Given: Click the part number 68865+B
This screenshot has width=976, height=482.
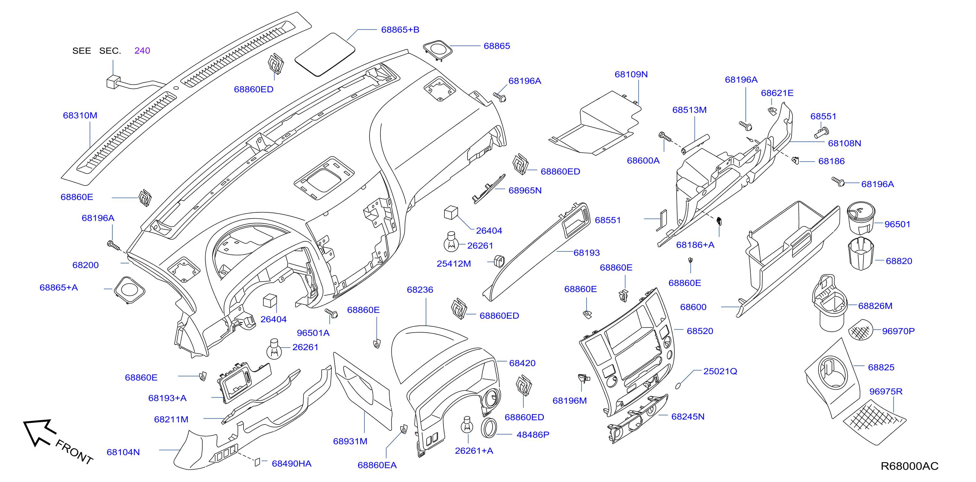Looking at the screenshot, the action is coord(400,30).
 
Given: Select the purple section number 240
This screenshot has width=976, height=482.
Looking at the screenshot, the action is coord(142,50).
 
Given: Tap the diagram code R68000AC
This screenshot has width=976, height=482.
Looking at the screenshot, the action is coord(909,466).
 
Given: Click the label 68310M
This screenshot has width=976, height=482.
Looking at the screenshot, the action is coord(80,115).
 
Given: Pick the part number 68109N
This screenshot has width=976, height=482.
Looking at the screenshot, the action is coord(631,74).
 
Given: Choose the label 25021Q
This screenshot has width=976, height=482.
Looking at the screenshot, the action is coord(720,371).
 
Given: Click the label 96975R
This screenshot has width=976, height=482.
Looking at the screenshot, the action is coord(885,391).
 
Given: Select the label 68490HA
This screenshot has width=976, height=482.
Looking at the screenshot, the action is coord(291,463).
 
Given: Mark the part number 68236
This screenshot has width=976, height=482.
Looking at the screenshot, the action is coord(420,289).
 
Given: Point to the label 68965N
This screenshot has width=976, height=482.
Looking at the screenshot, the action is coord(525,190).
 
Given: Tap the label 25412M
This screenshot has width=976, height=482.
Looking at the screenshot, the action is coord(454,263).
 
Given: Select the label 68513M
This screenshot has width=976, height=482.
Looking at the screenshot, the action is coord(689,110).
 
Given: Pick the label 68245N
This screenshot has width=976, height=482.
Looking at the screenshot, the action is coord(688,416).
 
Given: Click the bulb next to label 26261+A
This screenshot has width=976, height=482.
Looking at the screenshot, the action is coord(467,425).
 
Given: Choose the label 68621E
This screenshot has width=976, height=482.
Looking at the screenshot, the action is coord(777,93).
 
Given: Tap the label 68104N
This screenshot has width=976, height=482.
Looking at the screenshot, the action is coord(123,452).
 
